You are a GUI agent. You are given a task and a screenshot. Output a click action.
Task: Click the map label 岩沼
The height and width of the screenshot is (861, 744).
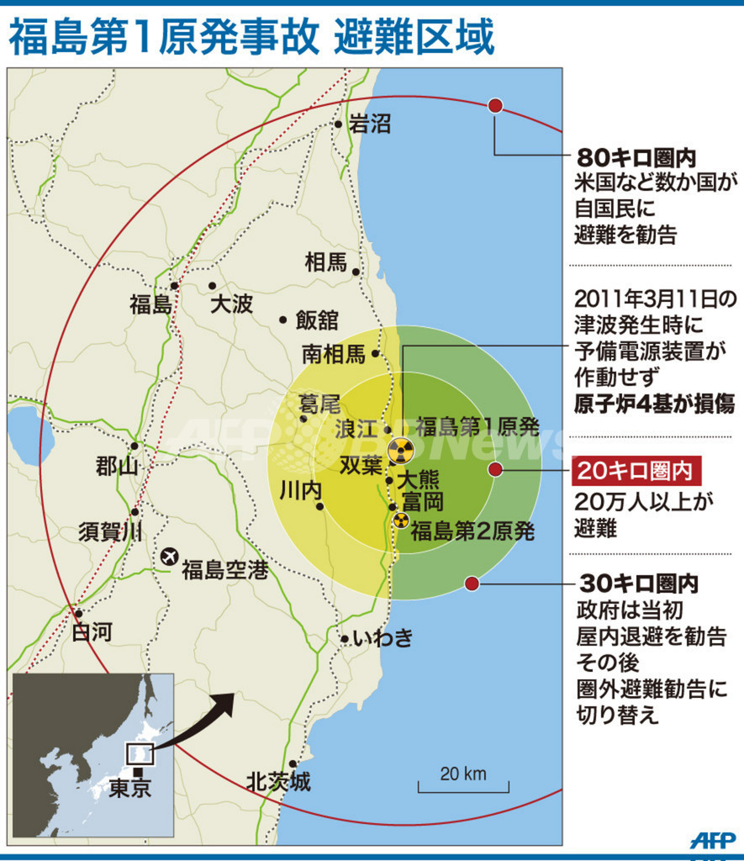370,125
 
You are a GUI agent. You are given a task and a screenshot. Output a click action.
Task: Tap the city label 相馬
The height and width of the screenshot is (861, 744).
325,262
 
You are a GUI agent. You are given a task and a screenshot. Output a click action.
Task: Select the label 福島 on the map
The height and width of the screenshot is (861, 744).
150,304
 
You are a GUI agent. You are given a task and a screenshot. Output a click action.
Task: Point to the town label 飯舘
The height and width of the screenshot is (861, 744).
316,320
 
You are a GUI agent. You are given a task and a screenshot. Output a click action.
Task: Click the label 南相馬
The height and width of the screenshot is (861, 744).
334,354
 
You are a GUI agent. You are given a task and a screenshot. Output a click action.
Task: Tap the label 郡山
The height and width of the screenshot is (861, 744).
117,466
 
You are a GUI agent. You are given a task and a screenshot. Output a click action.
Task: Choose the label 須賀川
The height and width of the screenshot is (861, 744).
110,532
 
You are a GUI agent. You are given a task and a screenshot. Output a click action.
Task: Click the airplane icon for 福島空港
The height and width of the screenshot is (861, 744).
169,557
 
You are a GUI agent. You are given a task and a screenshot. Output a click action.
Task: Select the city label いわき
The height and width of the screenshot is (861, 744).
383,638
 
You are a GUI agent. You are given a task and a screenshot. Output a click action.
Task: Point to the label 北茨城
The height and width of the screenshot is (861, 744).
278,782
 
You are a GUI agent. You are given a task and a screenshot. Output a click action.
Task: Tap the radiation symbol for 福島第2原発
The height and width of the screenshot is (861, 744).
401,520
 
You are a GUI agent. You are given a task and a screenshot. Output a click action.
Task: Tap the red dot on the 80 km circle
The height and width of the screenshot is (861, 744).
495,106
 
